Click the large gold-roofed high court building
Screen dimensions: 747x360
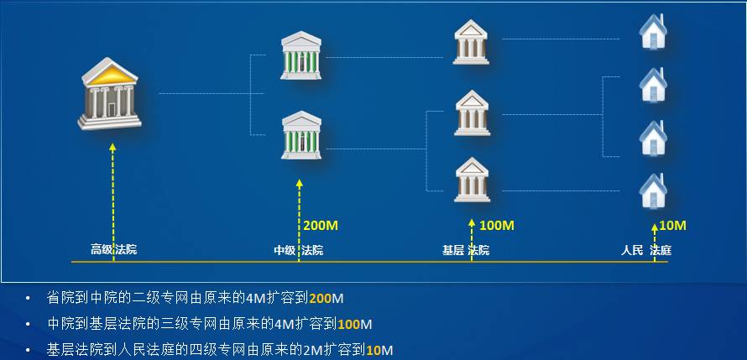pos(109,93)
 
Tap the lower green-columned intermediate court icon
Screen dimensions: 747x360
pos(301,134)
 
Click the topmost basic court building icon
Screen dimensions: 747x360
pos(471,42)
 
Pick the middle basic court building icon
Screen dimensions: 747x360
pos(472,112)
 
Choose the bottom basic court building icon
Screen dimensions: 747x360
pos(472,179)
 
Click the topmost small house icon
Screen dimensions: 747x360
pos(652,30)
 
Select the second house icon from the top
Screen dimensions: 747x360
pos(652,83)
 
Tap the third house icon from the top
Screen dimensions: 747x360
pos(652,137)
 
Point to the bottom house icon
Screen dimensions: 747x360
pos(652,190)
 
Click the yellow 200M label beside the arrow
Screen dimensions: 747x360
pos(320,226)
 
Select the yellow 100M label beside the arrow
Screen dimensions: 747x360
pos(495,226)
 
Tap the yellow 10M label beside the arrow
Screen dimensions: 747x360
pos(672,226)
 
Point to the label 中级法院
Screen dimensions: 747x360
pos(298,250)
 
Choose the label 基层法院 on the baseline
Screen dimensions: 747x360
pos(466,250)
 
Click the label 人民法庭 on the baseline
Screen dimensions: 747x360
pos(646,250)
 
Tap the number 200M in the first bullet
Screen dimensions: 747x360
pos(326,298)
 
